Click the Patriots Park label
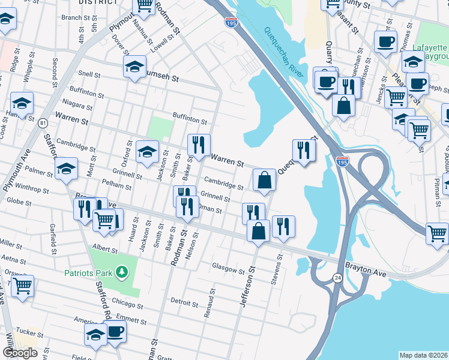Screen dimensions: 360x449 click(88, 274)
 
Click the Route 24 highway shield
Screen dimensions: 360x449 click(338, 278)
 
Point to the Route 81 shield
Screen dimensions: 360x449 click(42, 123)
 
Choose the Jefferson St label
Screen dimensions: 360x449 click(247, 289)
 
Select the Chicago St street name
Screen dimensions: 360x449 click(125, 303)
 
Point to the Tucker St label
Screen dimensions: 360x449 click(25, 331)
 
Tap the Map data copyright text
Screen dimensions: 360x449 click(423, 355)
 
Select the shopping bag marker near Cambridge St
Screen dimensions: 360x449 click(264, 179)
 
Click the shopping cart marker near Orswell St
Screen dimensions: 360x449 click(22, 286)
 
